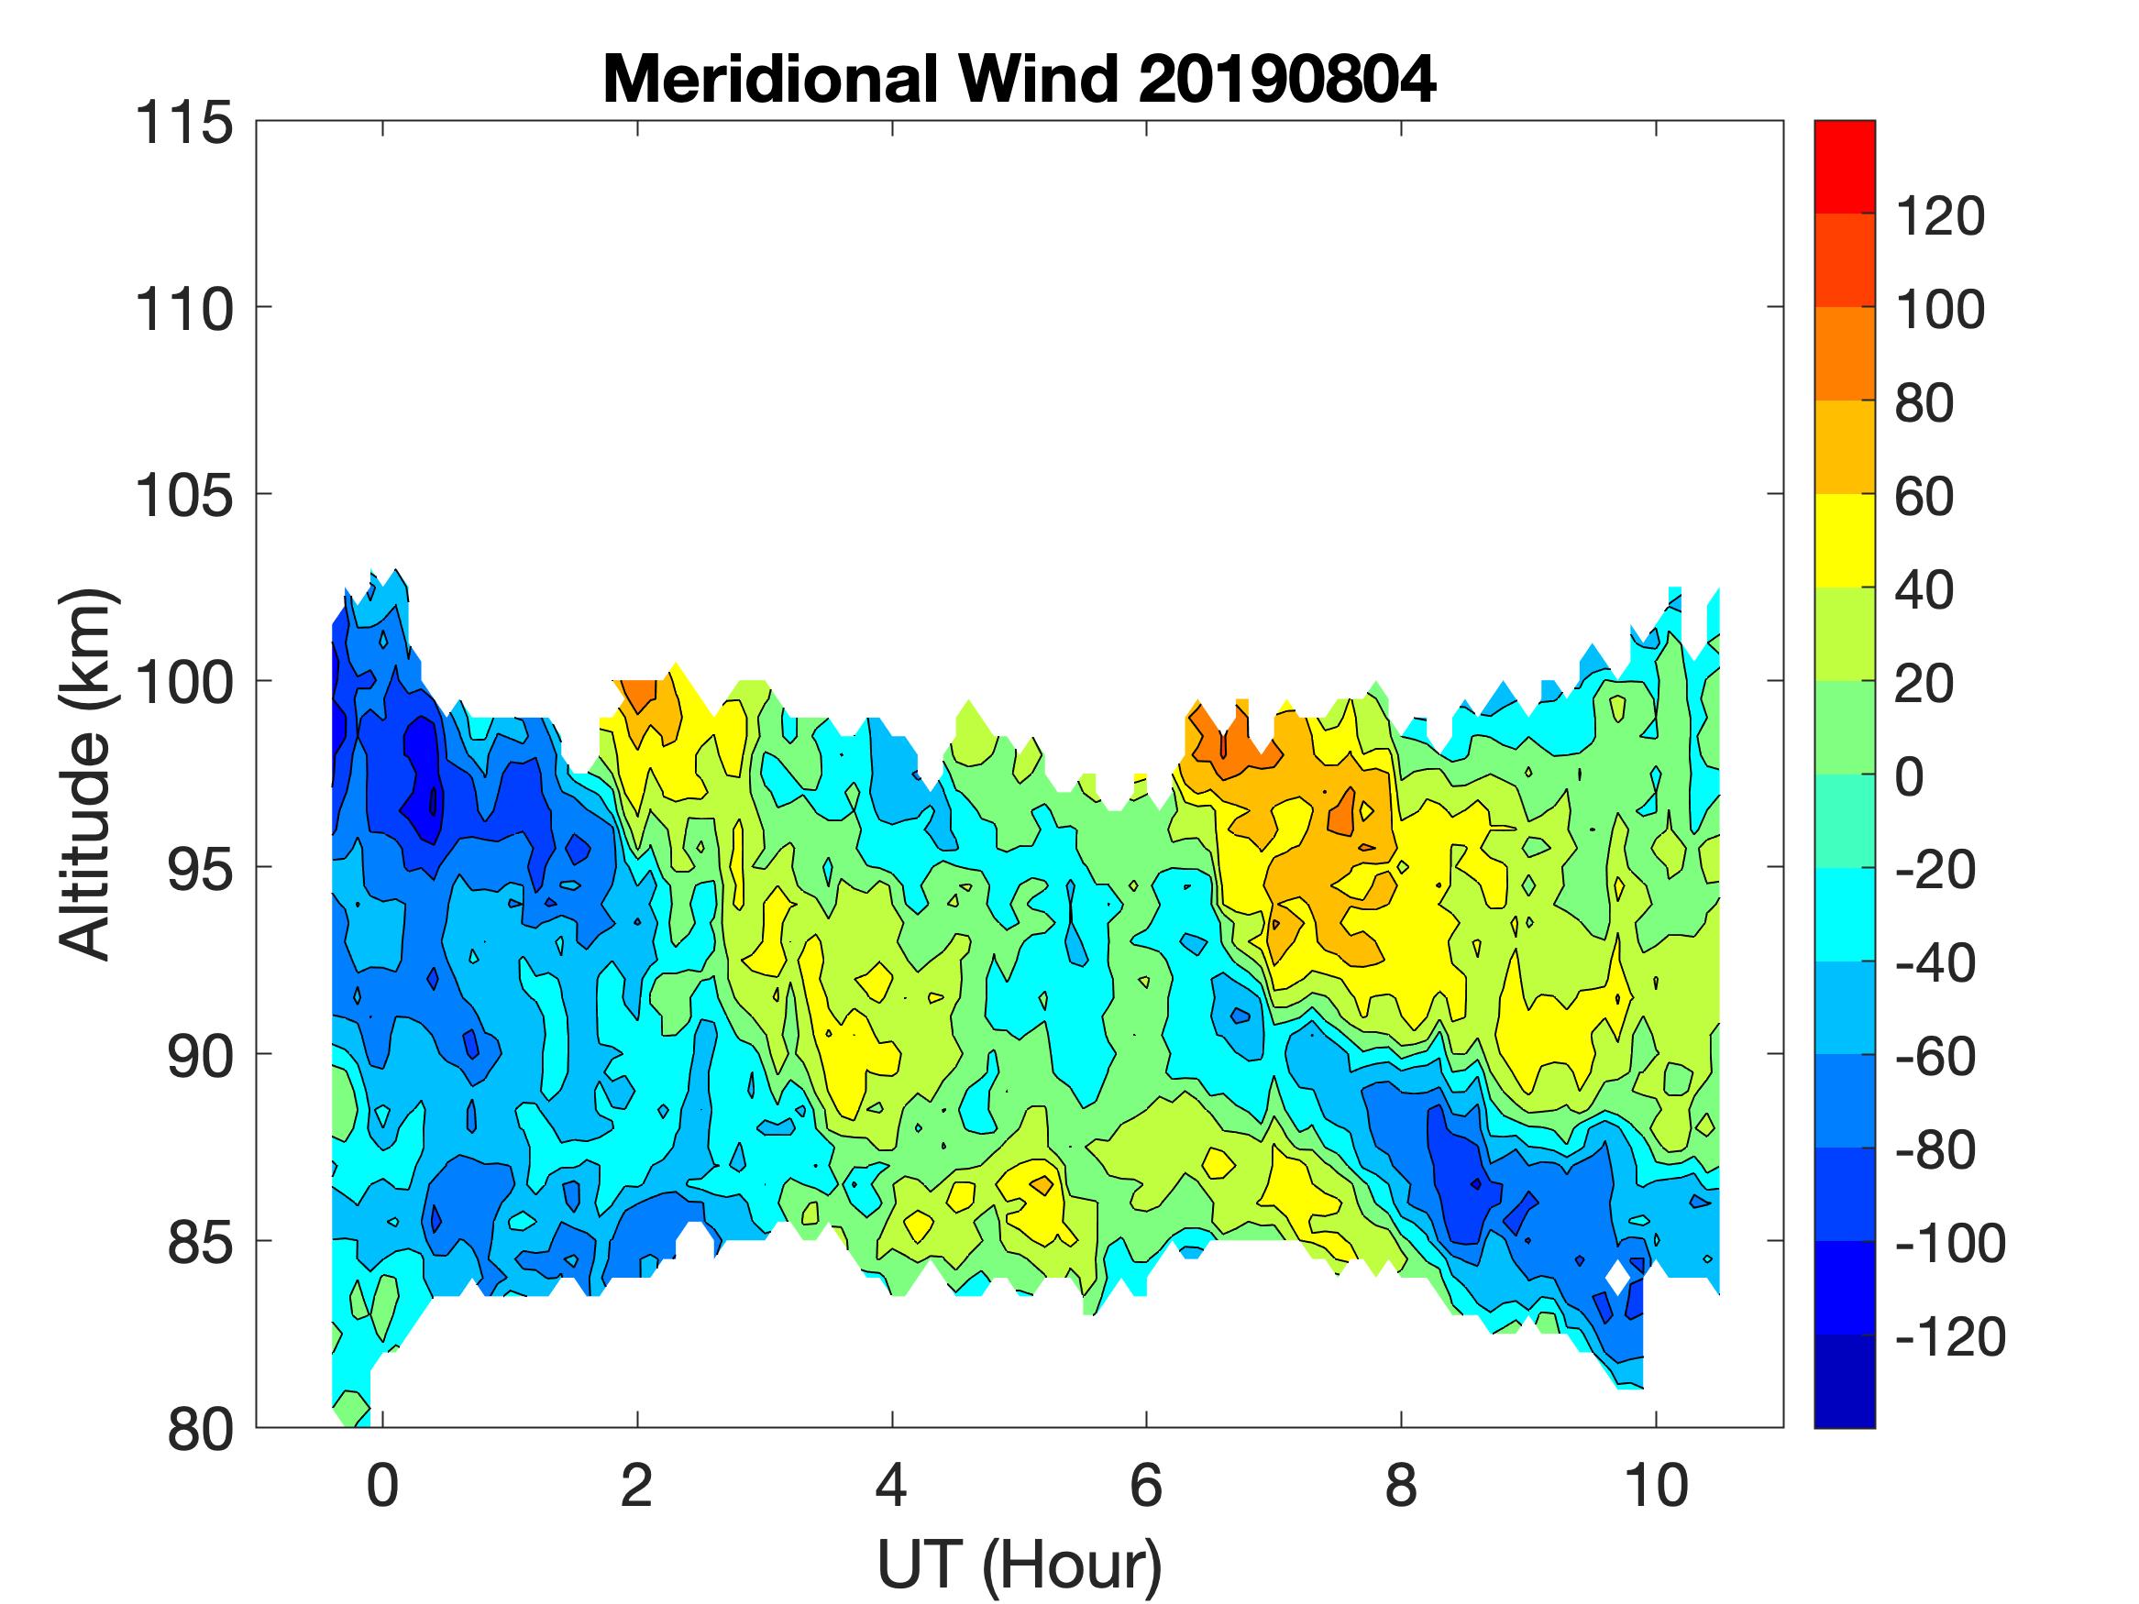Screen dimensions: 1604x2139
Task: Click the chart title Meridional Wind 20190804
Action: tap(1020, 79)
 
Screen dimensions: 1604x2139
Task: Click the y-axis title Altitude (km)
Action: tap(87, 775)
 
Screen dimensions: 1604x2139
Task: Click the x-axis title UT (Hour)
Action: tap(1020, 1565)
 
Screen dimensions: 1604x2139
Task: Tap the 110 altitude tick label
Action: tap(183, 311)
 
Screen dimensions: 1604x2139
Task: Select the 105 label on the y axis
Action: tap(183, 497)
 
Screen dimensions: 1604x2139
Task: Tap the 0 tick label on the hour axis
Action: tap(383, 1485)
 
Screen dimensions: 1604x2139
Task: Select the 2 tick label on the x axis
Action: tap(637, 1485)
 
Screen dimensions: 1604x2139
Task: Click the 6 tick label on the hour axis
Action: tap(1146, 1485)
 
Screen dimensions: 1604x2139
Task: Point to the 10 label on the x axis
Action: tap(1657, 1485)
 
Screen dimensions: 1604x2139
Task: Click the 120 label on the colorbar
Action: tap(1939, 216)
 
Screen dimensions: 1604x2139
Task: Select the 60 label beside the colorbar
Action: tap(1924, 497)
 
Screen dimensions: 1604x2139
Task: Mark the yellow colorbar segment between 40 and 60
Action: tap(1844, 542)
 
